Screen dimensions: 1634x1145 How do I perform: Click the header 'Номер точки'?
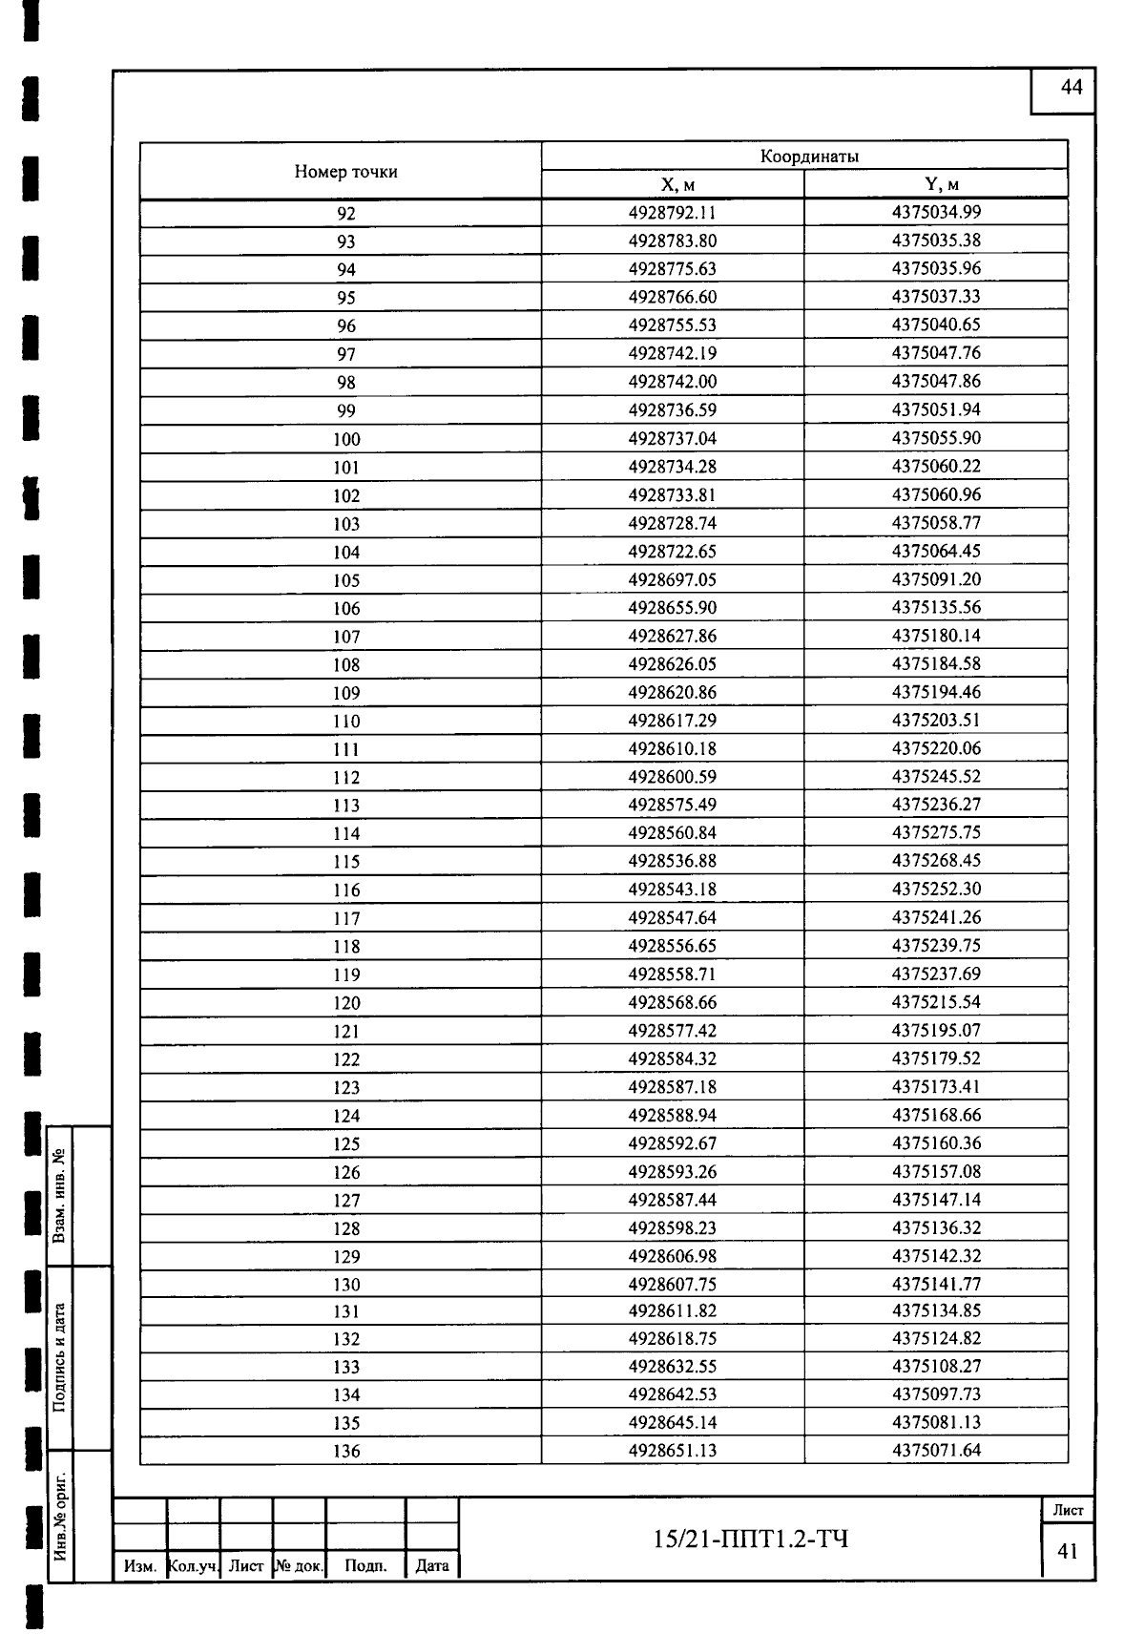[x=345, y=172]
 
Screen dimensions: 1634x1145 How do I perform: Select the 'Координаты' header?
[x=809, y=157]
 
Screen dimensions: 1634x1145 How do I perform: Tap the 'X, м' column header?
[x=672, y=185]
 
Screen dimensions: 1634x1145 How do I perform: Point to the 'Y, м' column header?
[x=936, y=185]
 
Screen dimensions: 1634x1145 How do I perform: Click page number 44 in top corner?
[x=1072, y=88]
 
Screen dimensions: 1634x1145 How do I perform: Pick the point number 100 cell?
[x=346, y=440]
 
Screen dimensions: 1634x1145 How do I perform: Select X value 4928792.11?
[x=672, y=213]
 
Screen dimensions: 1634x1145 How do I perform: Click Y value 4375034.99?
[x=936, y=213]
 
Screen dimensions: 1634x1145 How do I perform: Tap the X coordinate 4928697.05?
[x=672, y=580]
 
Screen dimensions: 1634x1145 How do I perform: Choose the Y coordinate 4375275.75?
[x=936, y=833]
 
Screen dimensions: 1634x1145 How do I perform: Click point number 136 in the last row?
[x=346, y=1452]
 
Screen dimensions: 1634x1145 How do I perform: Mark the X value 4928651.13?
[x=672, y=1451]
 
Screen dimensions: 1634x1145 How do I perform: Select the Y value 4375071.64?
[x=936, y=1451]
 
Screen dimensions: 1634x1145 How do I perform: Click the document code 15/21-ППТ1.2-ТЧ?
[x=750, y=1539]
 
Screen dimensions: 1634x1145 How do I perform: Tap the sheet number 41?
[x=1068, y=1551]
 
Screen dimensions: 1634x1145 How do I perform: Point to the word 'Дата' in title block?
[x=432, y=1565]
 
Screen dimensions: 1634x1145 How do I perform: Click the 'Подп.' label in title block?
[x=365, y=1565]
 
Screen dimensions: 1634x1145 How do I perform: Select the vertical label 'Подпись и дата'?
[x=60, y=1357]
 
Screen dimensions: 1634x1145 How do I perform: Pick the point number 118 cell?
[x=346, y=947]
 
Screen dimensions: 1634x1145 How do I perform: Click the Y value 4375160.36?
[x=936, y=1143]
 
